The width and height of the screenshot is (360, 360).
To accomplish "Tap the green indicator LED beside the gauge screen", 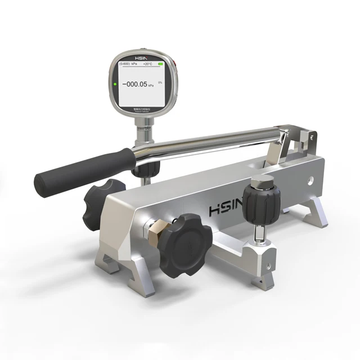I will tap(115, 85).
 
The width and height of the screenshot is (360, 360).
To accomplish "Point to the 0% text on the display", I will tap(160, 83).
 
